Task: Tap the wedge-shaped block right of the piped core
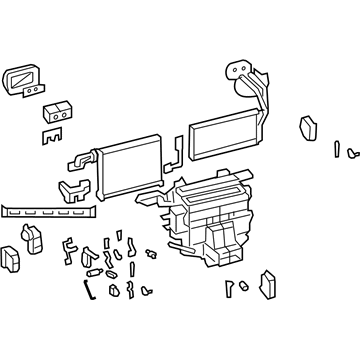(308, 128)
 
